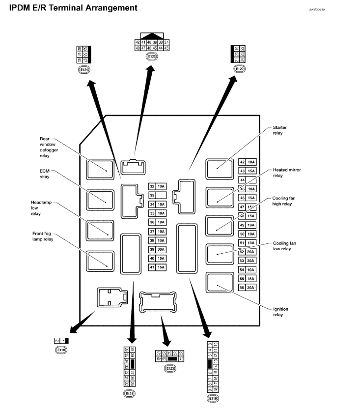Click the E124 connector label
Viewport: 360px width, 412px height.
coord(84,70)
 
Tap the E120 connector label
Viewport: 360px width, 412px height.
coord(239,69)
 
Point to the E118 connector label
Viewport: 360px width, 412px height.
coord(61,350)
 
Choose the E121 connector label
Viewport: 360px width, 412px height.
coord(130,393)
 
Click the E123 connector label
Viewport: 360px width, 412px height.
coord(170,368)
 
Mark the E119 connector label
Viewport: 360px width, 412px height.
coord(213,398)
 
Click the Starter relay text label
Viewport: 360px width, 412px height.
coord(279,130)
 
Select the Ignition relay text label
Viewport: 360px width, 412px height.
coord(281,312)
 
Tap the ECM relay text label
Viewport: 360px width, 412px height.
coord(45,174)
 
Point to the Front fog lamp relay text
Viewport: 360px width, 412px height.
coord(43,236)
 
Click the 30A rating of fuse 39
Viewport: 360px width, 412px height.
coord(161,249)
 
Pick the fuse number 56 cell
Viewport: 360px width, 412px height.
coord(242,288)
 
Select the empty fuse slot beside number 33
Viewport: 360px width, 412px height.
coord(161,195)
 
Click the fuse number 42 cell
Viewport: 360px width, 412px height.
coord(242,162)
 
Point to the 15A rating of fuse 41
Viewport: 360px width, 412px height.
coord(161,267)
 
